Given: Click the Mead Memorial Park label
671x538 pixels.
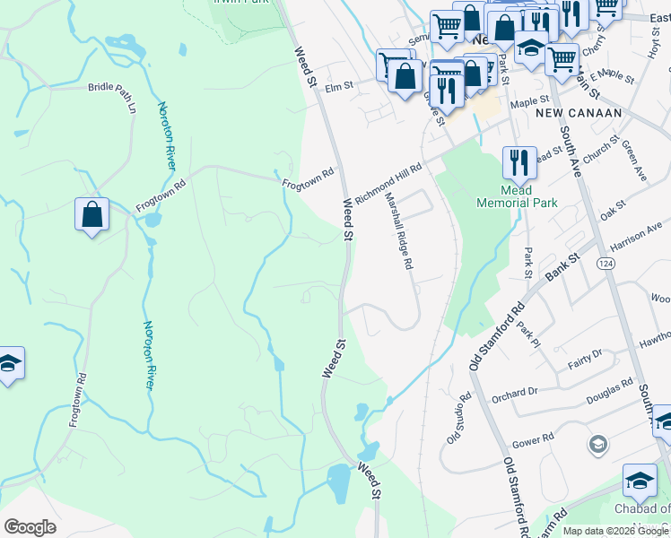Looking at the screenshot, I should point(529,196).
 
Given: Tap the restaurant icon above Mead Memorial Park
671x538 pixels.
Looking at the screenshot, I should point(518,162).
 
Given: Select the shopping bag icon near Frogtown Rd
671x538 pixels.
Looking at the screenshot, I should point(91,214).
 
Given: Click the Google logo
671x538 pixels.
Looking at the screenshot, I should point(30,527).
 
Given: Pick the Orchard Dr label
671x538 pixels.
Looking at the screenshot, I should point(514,392).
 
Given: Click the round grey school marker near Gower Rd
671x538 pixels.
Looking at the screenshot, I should point(597,445).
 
